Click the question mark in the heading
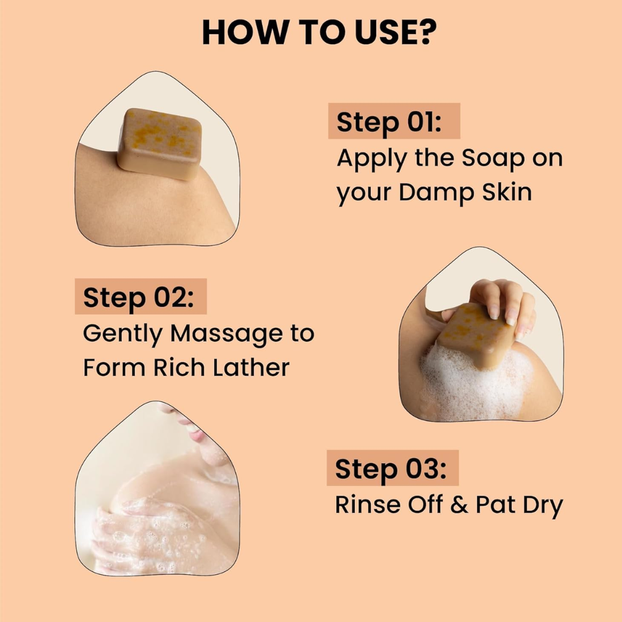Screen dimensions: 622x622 tap(426, 32)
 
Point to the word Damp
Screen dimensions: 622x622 tap(437, 192)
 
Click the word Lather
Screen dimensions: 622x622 tap(251, 367)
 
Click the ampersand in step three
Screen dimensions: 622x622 tap(459, 505)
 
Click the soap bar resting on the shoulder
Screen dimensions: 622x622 tap(160, 143)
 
